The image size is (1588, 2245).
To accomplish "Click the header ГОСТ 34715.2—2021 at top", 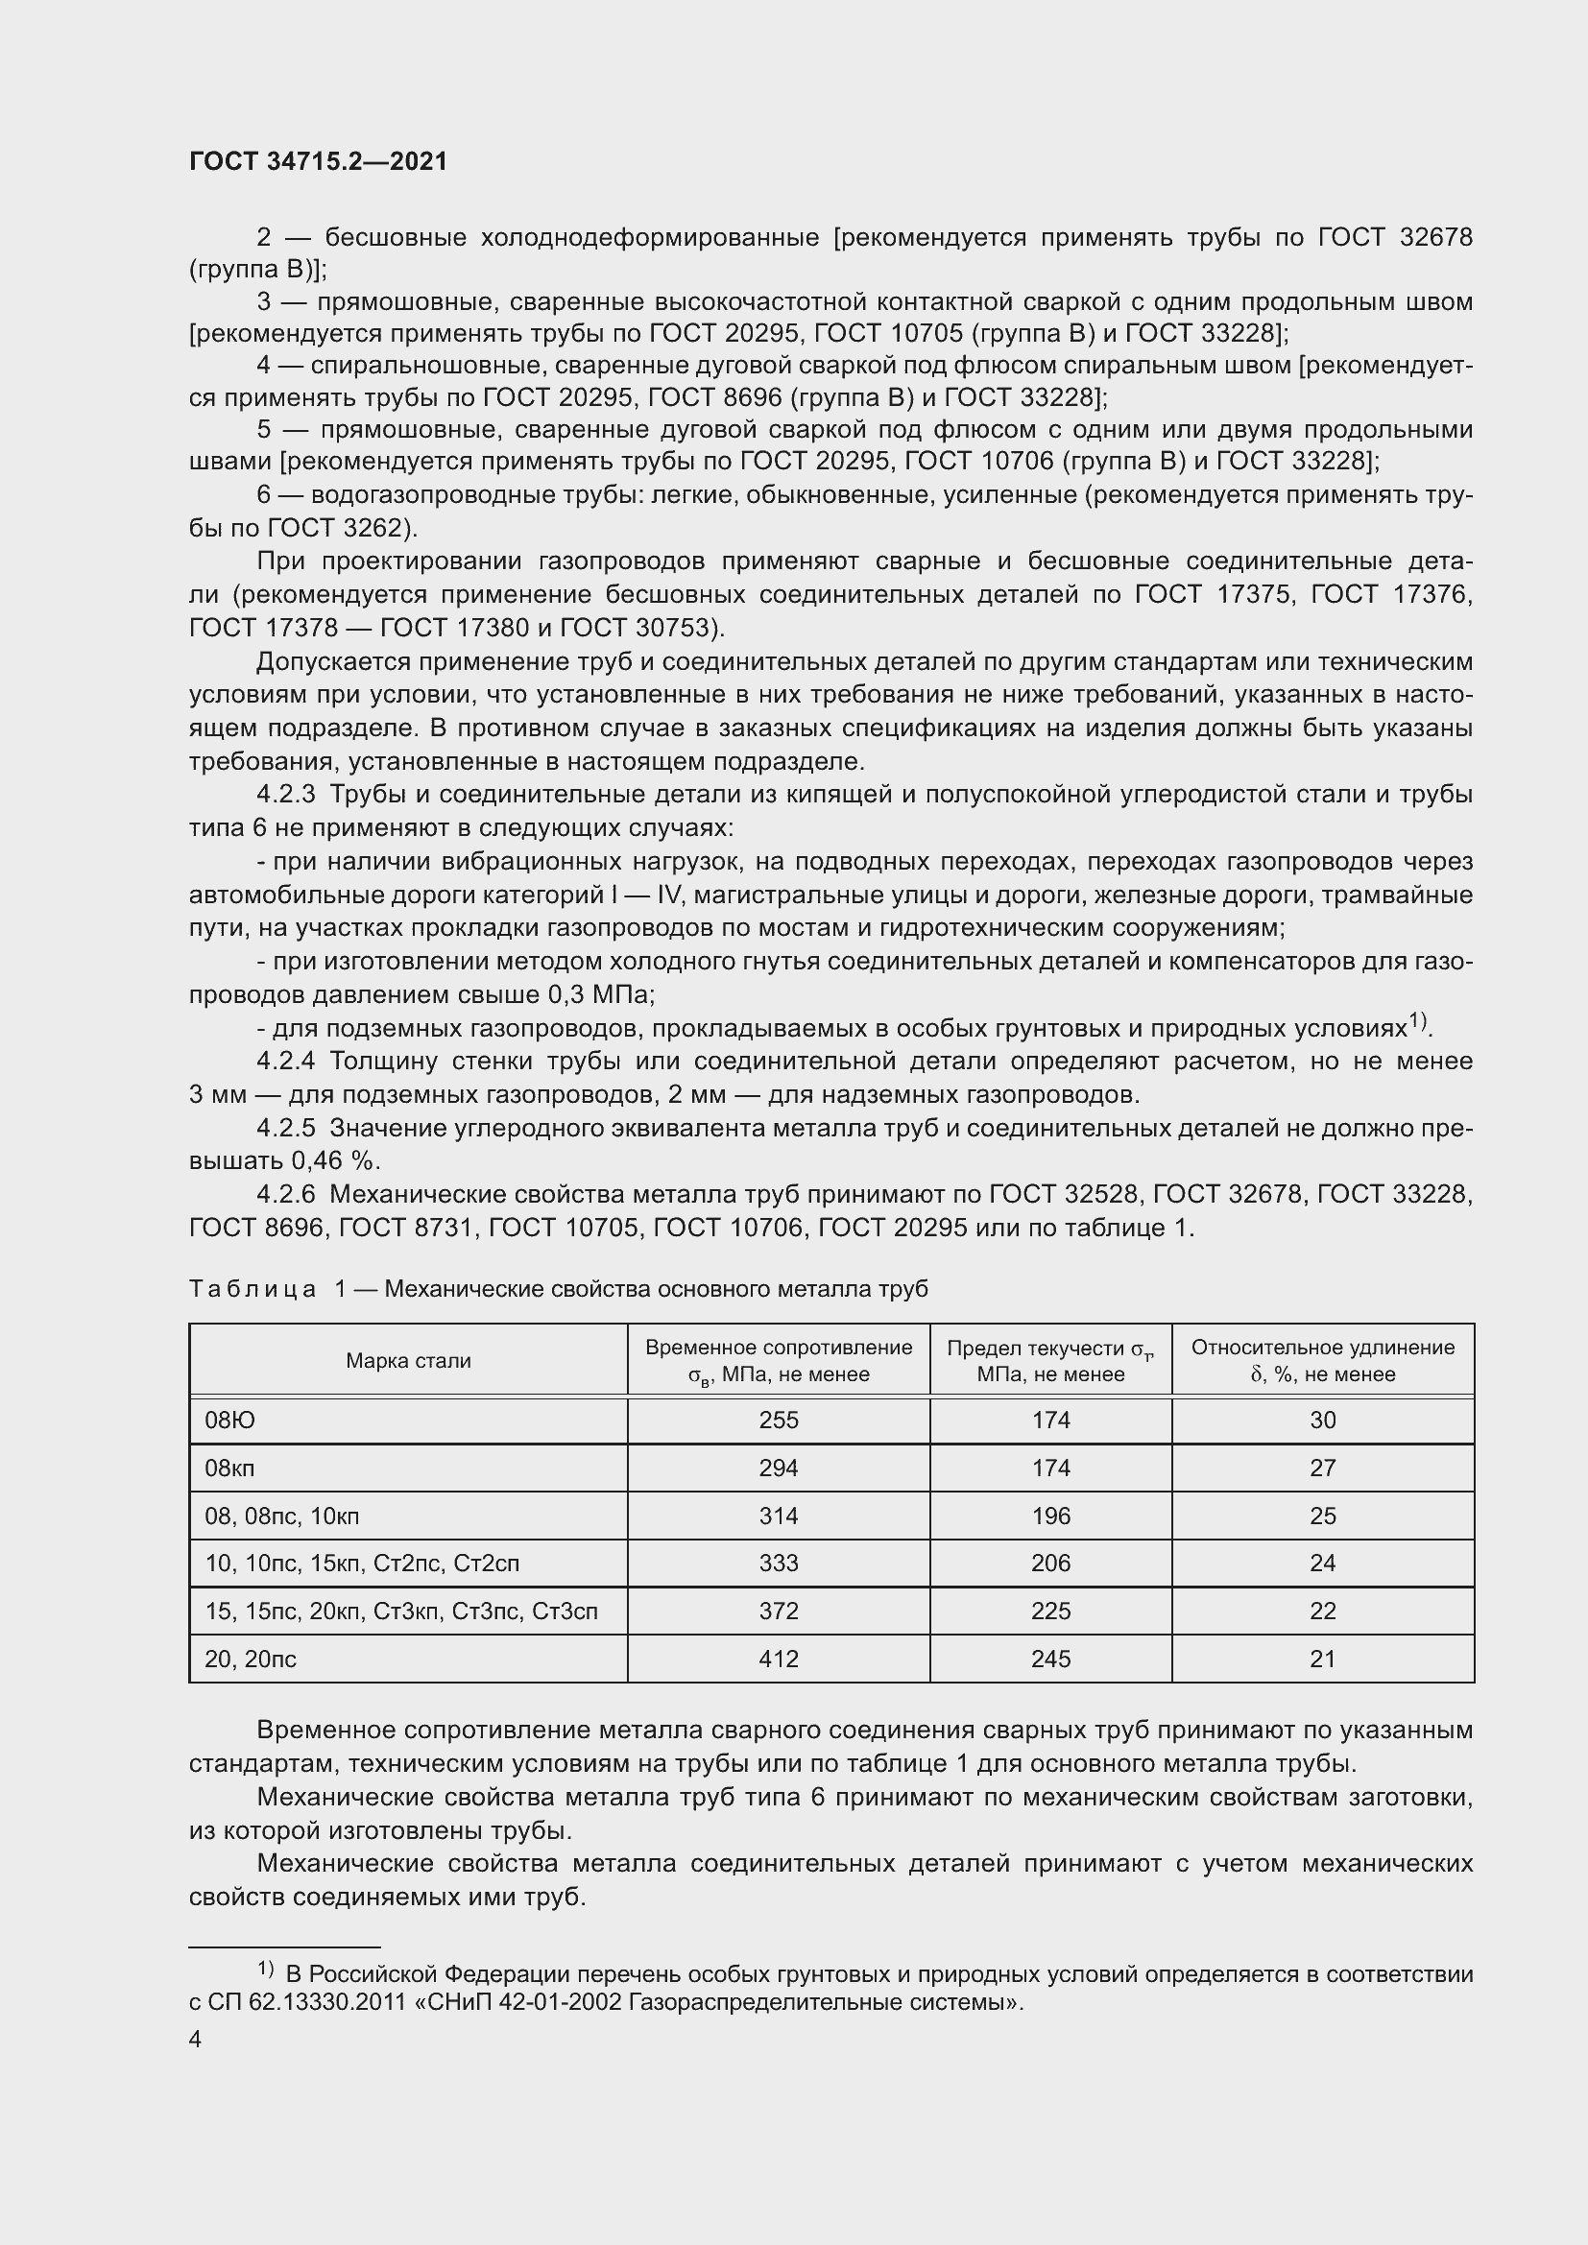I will point(318,161).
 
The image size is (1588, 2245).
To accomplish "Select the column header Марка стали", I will point(408,1361).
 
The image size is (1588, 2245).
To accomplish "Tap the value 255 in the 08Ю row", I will point(779,1421).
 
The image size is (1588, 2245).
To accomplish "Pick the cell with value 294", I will point(779,1469).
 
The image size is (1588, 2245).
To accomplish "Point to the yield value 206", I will point(1050,1564).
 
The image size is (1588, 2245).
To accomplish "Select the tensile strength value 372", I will point(779,1612).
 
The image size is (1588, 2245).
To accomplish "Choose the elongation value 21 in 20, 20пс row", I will point(1322,1660).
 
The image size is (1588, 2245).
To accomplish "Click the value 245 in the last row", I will point(1050,1660).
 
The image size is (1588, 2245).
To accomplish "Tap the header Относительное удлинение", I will point(1322,1348).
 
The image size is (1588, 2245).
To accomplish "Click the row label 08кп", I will point(229,1469).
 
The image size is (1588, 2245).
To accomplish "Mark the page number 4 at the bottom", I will point(196,2039).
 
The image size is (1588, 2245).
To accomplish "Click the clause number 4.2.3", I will point(285,795).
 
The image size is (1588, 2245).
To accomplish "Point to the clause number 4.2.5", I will point(285,1129).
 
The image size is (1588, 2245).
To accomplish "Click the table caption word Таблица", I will point(253,1290).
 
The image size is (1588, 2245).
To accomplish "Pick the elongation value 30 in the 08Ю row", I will point(1322,1421).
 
